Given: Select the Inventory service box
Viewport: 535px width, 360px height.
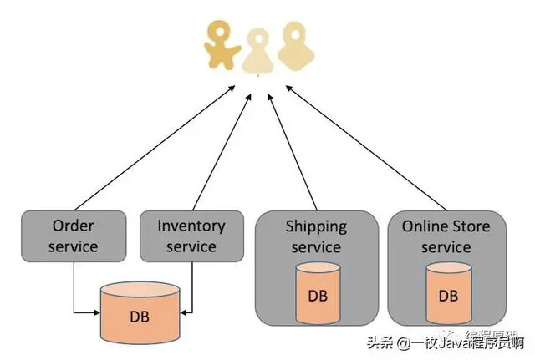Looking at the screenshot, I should [x=191, y=236].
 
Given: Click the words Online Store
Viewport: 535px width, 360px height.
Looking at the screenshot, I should [x=446, y=226].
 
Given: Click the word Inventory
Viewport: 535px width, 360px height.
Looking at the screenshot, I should [x=191, y=226].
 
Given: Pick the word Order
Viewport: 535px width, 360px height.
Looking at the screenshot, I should [x=74, y=226].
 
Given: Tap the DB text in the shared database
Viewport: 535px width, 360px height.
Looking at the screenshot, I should [x=141, y=318].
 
